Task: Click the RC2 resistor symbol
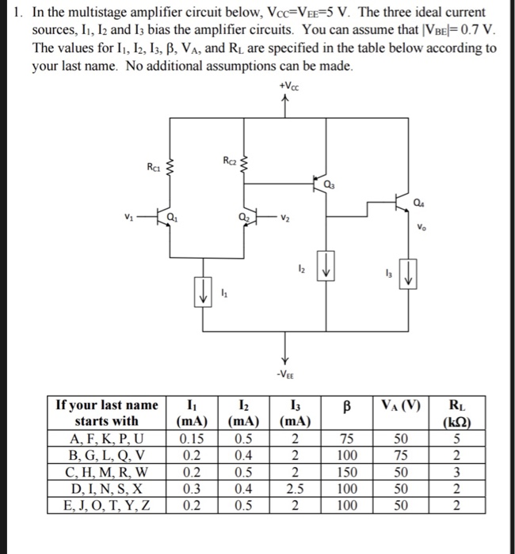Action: (244, 165)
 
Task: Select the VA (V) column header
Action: (404, 405)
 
